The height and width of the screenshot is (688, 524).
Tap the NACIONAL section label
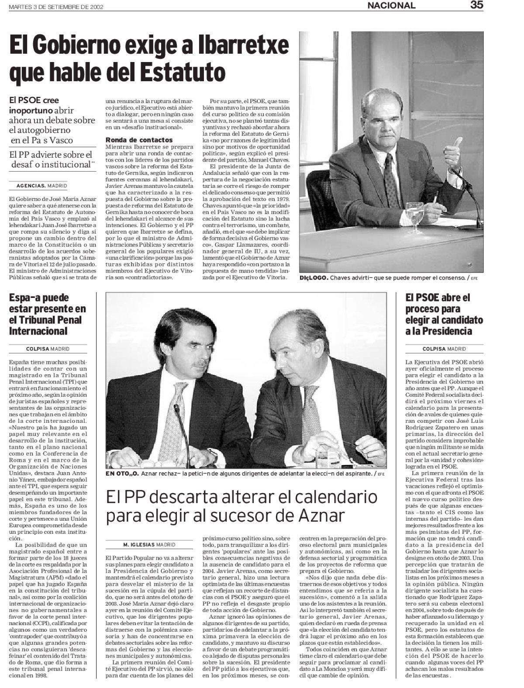(391, 6)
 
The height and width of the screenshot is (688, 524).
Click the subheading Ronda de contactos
(133, 140)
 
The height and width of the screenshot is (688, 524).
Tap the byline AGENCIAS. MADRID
(41, 186)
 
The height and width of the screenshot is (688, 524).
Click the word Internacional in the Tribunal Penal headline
(38, 331)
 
